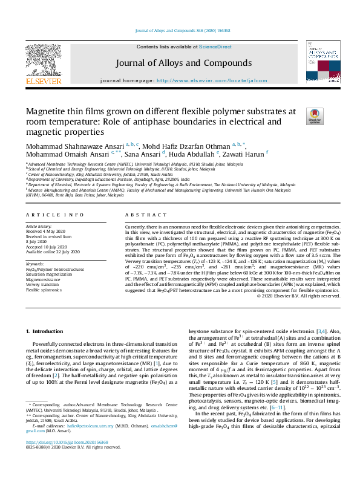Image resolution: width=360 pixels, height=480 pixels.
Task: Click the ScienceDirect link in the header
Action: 215,47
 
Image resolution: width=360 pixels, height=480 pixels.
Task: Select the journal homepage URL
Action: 212,80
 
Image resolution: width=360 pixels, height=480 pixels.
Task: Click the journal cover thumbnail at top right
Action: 323,62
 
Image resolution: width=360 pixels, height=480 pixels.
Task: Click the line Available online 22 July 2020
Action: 53,251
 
